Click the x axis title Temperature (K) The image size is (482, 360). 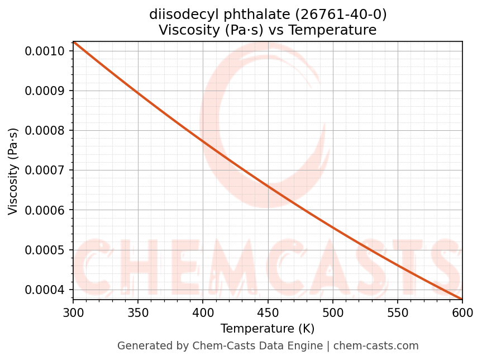268,328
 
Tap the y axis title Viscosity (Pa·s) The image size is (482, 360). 13,170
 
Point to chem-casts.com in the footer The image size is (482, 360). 377,346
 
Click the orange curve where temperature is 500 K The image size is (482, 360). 333,227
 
